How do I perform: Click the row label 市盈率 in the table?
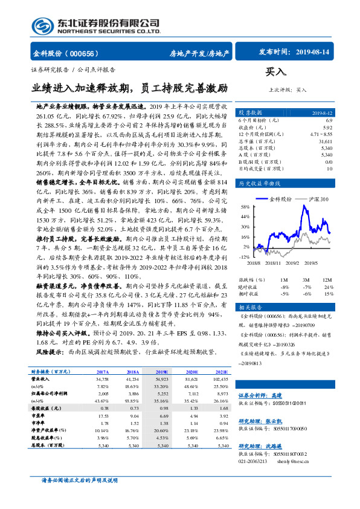(x=38, y=417)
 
